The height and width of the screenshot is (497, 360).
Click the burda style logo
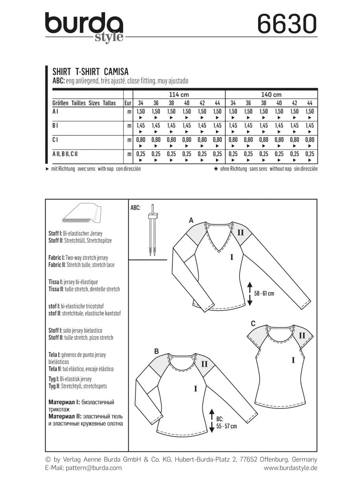tap(84, 27)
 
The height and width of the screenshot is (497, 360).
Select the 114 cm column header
tap(179, 95)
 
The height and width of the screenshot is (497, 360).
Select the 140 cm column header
tap(271, 95)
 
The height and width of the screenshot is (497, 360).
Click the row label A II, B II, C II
tap(65, 154)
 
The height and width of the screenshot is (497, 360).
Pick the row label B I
tap(55, 125)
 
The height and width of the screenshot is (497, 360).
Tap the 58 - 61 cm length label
tap(264, 293)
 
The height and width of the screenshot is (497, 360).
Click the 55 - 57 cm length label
tap(226, 423)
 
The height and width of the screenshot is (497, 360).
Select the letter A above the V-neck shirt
tap(191, 221)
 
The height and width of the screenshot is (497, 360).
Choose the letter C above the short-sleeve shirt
tap(253, 324)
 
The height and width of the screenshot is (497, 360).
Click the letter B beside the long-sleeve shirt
tap(156, 351)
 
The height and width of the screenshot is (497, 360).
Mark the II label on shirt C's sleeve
tap(302, 336)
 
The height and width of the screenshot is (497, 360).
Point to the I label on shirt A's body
tap(232, 257)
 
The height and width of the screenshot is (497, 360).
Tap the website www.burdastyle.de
tap(290, 468)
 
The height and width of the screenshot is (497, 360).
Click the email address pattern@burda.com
tap(94, 468)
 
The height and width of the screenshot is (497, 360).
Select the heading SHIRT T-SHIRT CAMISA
tap(90, 72)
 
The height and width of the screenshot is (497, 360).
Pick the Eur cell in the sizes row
tap(127, 103)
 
